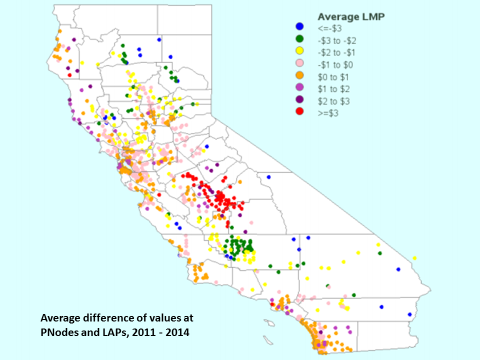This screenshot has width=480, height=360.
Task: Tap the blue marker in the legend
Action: coord(299,26)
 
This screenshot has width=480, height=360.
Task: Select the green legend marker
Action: coord(299,39)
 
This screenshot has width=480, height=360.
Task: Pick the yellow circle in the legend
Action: coord(299,51)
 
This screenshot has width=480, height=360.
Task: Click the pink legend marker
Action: coord(299,64)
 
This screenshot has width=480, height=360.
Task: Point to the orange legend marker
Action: coord(299,76)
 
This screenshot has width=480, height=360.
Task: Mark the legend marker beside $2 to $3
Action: coord(299,101)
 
